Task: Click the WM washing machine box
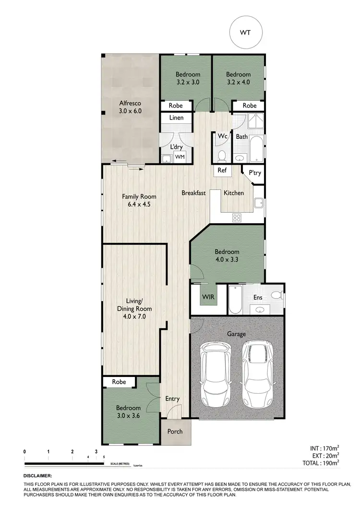[180, 157]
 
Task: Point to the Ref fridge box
[222, 170]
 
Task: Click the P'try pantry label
[255, 173]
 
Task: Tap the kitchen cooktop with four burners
[237, 217]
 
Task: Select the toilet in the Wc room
[222, 156]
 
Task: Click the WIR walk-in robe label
[208, 297]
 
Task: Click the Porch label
[175, 431]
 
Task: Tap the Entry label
[172, 399]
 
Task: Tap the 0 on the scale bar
[24, 452]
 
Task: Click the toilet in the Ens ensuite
[276, 295]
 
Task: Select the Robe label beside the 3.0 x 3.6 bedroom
[119, 382]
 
